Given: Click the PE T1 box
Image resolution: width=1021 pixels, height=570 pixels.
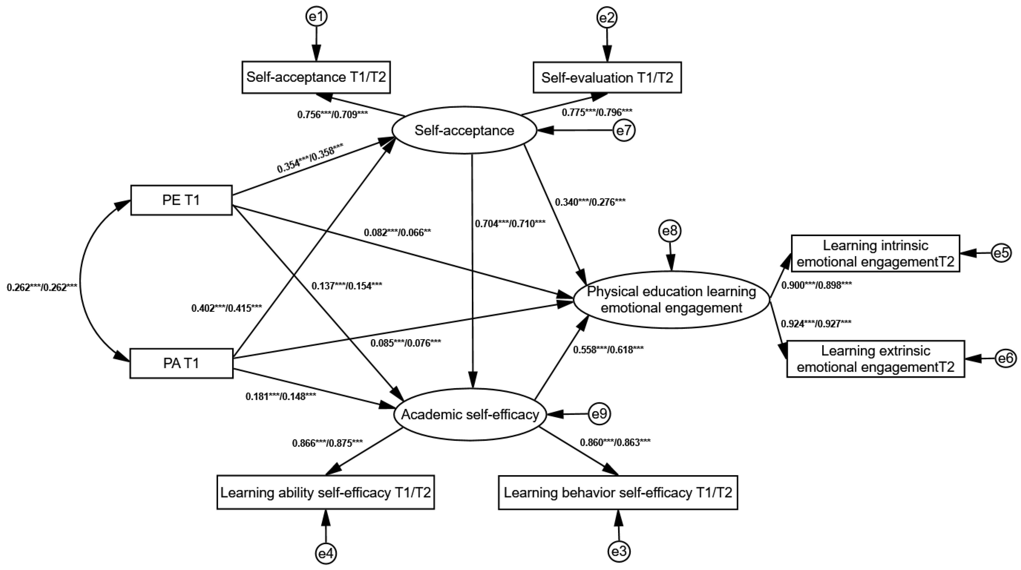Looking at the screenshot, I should (x=181, y=200).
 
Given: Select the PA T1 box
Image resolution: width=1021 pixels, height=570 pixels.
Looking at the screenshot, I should (x=181, y=363).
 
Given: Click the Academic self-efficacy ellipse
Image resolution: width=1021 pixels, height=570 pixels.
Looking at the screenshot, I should (x=470, y=414).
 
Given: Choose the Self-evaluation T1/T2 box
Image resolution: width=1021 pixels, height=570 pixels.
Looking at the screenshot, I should (x=607, y=78).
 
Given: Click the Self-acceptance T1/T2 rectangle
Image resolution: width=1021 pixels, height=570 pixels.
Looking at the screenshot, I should (x=316, y=77).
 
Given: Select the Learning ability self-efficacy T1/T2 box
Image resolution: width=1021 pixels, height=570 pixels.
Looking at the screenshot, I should (x=325, y=492).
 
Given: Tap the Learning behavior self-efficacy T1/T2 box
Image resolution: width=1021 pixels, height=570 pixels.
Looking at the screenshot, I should (x=617, y=492).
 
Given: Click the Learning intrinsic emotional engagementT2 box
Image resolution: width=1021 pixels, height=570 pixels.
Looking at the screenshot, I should (x=875, y=253).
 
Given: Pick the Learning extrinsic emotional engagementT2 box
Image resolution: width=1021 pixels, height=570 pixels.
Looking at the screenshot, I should (x=875, y=359).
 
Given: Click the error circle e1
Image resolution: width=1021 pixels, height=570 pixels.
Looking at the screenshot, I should (x=316, y=17).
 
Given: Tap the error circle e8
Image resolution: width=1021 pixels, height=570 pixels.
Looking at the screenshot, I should (x=670, y=231).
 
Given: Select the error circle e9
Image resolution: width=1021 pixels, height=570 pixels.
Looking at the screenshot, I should (x=599, y=414).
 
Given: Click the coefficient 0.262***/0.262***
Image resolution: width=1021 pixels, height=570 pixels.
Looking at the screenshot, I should (x=42, y=288).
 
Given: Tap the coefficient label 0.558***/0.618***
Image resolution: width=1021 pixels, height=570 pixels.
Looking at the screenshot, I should (x=608, y=349).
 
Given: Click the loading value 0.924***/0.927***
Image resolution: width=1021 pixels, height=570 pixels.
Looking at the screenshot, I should (x=816, y=324).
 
